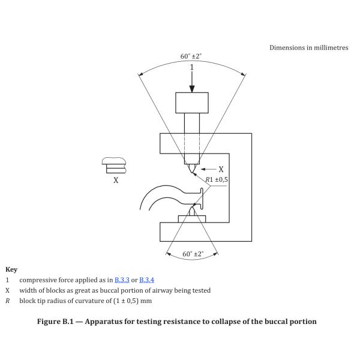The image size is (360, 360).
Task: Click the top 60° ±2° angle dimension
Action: [x=191, y=56]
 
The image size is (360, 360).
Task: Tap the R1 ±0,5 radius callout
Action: [x=218, y=179]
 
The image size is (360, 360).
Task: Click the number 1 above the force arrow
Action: [x=192, y=67]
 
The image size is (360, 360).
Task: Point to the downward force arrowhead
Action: [x=192, y=88]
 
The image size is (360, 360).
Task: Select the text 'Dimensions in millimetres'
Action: [x=308, y=47]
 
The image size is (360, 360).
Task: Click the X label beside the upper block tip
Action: [x=221, y=169]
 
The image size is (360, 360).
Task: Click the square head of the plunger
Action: [x=192, y=103]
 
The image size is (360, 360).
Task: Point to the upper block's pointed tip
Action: [x=191, y=172]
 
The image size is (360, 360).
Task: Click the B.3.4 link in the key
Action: [x=147, y=280]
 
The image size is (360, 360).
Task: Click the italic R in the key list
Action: [x=8, y=300]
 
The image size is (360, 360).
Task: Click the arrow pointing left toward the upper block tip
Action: [x=206, y=169]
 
